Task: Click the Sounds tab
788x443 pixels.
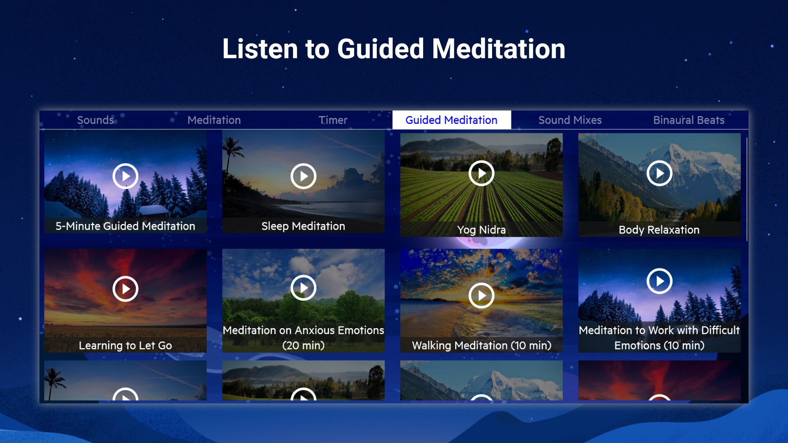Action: pos(96,120)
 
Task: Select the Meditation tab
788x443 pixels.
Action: pos(214,120)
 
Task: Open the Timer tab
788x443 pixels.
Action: pos(333,120)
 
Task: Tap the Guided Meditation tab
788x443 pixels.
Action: pos(451,120)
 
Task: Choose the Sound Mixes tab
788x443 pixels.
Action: pos(570,120)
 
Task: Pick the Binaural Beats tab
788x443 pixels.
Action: pos(689,120)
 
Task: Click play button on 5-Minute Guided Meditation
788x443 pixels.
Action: pos(125,176)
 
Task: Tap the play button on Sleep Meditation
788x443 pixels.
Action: pos(303,176)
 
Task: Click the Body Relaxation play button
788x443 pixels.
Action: pos(659,173)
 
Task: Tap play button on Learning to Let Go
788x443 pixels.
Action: pos(125,289)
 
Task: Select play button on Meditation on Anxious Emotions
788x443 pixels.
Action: pos(303,288)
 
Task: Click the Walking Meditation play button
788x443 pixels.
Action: pos(481,295)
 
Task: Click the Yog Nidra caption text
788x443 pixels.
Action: pos(481,230)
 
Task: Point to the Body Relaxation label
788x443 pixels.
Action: pos(659,230)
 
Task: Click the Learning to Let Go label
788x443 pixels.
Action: pos(125,345)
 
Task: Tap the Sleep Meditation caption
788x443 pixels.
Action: pos(303,226)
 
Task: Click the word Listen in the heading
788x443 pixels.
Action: pos(260,49)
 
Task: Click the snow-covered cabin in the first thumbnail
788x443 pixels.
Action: pos(153,211)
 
